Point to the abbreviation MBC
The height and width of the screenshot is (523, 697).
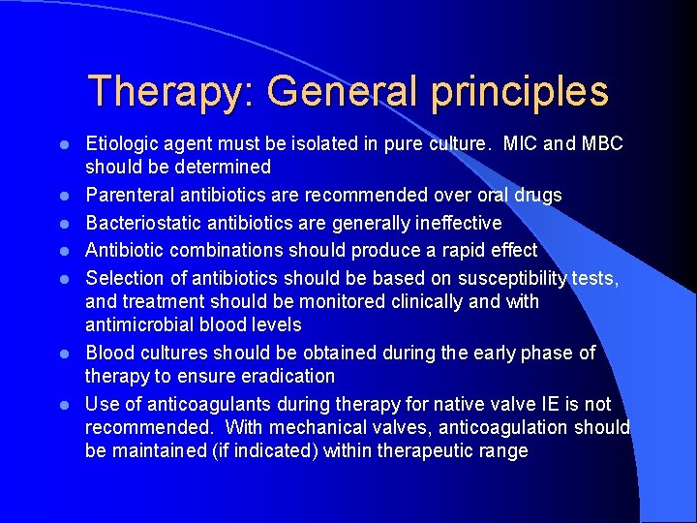click(x=605, y=143)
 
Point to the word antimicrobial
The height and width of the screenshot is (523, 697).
click(x=140, y=324)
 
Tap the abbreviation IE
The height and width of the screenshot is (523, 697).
click(x=558, y=403)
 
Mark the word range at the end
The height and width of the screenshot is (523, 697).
click(x=504, y=450)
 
